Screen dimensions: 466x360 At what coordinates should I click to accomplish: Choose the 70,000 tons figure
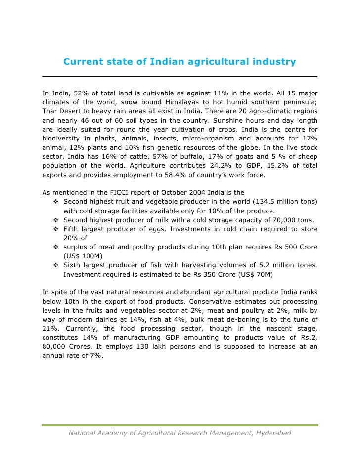click(x=279, y=220)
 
